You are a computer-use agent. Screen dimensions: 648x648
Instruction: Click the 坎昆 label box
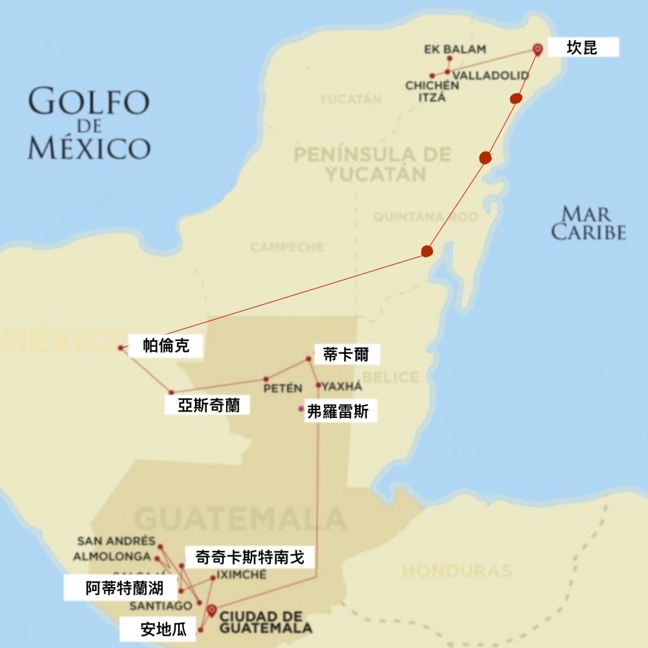click(583, 47)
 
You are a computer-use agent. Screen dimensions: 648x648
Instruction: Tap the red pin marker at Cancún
click(537, 49)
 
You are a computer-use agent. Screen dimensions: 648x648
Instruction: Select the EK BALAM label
click(455, 49)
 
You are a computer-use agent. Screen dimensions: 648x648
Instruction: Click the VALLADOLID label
click(491, 76)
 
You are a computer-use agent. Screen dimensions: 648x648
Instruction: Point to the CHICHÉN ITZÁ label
click(432, 91)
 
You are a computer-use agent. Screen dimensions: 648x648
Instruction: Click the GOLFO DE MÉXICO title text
click(89, 124)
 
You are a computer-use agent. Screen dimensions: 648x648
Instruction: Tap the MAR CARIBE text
click(588, 223)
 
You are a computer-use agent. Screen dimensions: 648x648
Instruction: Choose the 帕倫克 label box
click(166, 346)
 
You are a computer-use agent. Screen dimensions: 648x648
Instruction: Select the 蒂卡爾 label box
click(345, 354)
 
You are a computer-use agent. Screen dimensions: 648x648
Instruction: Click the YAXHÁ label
click(341, 387)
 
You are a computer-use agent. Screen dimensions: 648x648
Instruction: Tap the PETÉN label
click(283, 388)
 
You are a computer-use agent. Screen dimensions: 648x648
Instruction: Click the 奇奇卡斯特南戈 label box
click(249, 557)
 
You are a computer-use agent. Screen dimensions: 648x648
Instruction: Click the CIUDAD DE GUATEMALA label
click(265, 621)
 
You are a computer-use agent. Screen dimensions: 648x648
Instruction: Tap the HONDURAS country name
click(457, 571)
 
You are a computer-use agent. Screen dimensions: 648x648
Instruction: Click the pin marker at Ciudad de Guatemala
click(211, 609)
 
